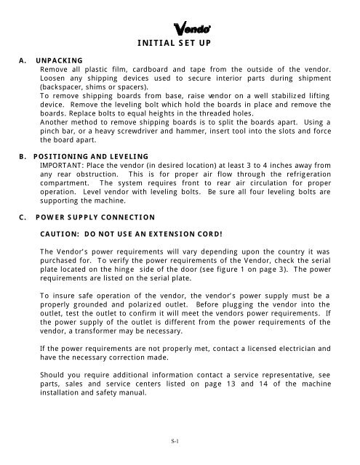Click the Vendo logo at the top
[191, 29]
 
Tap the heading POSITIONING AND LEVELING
[86, 155]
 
